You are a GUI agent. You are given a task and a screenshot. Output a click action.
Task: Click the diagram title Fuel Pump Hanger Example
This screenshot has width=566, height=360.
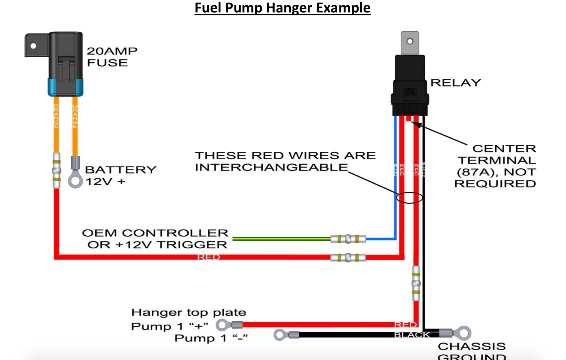tap(282, 8)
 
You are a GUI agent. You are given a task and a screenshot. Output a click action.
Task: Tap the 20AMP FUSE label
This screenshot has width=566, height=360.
tap(112, 57)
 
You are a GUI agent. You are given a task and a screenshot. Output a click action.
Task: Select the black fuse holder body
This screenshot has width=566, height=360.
tap(66, 57)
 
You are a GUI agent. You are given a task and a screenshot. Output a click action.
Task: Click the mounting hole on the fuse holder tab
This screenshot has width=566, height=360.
tap(33, 46)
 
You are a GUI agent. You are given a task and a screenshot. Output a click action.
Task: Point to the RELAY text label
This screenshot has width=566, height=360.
tap(456, 83)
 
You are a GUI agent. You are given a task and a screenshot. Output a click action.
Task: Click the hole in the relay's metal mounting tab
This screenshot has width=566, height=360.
tap(410, 41)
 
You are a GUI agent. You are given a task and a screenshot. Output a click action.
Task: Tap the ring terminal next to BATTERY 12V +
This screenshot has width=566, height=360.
tap(75, 181)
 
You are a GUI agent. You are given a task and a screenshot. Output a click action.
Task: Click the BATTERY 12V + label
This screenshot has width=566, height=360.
tap(121, 175)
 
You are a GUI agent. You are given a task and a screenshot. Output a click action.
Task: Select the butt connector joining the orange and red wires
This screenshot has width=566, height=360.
tap(57, 171)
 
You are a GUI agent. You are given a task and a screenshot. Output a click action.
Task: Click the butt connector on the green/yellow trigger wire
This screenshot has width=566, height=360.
tap(348, 239)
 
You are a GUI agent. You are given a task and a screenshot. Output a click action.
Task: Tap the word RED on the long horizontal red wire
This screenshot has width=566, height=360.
tap(209, 257)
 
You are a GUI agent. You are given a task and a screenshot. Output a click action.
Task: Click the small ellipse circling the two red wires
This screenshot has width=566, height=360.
tap(409, 198)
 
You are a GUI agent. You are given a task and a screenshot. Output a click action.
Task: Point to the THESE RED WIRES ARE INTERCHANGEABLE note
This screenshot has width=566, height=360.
tap(285, 161)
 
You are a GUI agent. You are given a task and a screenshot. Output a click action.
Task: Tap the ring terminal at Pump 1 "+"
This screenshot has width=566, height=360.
tap(222, 325)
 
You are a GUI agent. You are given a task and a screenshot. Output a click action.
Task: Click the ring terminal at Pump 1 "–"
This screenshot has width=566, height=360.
tap(280, 335)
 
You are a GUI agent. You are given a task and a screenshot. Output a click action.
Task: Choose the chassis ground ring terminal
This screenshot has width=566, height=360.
tap(464, 333)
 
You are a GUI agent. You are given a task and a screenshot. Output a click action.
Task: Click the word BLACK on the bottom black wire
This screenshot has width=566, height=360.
tap(412, 335)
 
